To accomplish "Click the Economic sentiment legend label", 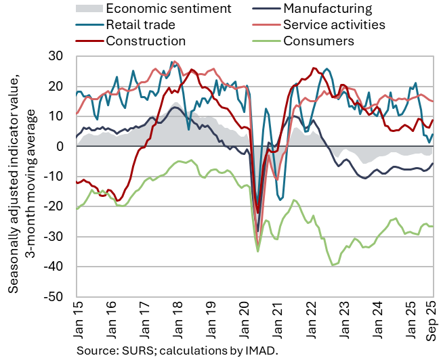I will pos(169,9).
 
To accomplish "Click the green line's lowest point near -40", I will pos(333,265).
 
